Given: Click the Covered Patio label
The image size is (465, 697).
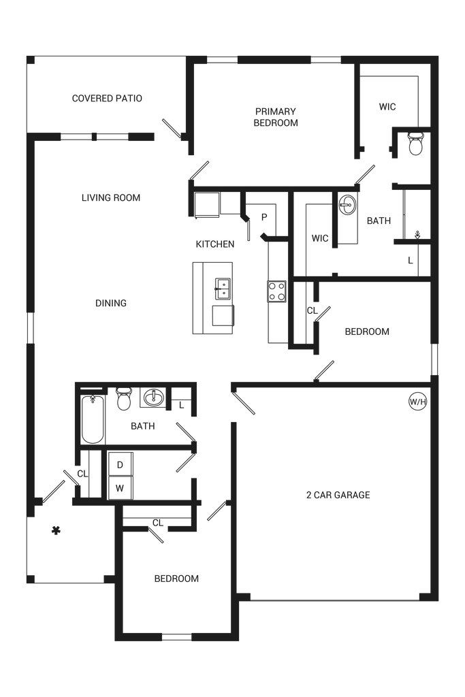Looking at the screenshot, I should [x=108, y=99].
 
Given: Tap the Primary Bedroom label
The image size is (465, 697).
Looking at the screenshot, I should [x=276, y=116].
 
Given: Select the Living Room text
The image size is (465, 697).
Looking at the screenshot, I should [x=111, y=198].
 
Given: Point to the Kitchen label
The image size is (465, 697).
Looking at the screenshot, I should [x=215, y=244].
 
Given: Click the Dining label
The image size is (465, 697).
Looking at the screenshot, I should [x=112, y=303].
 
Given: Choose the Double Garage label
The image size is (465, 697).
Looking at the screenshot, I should [x=338, y=495].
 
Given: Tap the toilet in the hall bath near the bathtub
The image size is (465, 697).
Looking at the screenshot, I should [x=123, y=401].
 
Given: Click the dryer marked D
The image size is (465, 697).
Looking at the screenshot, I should [x=120, y=466].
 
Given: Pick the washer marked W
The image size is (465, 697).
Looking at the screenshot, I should [x=120, y=487].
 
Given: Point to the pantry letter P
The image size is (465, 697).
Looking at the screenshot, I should [x=265, y=217].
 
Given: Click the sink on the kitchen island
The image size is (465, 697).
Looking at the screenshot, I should [x=220, y=289].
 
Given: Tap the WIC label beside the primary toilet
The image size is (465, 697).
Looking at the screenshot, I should [x=387, y=107].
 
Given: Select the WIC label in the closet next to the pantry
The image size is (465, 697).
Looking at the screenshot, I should [x=320, y=239].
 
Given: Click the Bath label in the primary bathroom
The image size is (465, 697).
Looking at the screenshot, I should [x=379, y=221].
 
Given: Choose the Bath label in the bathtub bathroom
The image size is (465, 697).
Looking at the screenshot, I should [x=143, y=427].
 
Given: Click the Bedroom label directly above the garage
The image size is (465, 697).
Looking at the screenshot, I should [x=367, y=332].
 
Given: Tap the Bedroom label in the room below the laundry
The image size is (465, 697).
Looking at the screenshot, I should [x=176, y=579].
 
